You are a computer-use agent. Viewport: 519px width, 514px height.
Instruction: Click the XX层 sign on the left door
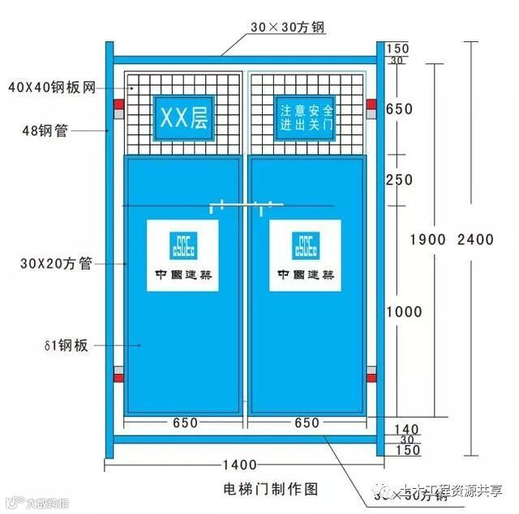(x=183, y=119)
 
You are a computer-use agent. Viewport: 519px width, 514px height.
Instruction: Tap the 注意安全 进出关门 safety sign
(x=306, y=118)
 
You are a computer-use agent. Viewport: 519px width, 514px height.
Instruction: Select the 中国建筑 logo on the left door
(x=183, y=254)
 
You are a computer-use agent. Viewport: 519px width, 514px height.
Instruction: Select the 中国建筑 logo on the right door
(x=306, y=254)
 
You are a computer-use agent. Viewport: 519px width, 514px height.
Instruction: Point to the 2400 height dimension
(x=475, y=239)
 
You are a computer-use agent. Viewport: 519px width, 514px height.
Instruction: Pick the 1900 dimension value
(x=427, y=239)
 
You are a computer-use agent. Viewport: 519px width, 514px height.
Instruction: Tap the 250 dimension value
(x=399, y=180)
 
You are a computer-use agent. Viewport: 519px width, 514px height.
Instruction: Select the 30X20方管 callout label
(x=57, y=262)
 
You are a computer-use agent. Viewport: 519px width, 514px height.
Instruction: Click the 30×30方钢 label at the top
(x=287, y=28)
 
